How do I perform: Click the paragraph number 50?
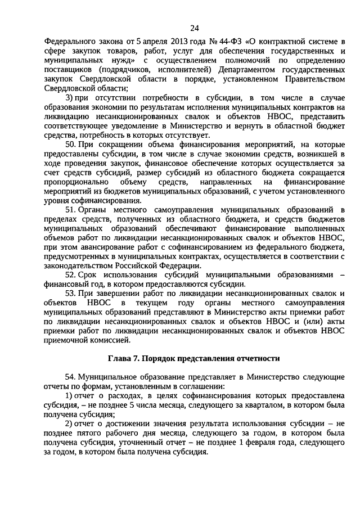(x=70, y=145)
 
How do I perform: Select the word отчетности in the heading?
(x=255, y=358)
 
